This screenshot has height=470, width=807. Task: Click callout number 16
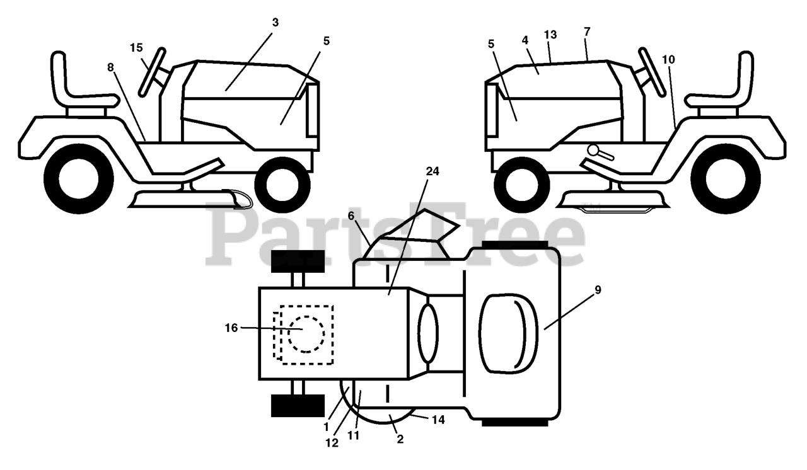(231, 327)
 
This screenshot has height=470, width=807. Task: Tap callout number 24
(433, 171)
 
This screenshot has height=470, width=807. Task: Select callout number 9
(598, 290)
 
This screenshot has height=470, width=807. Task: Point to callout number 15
(137, 47)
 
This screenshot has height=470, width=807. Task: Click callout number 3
(276, 22)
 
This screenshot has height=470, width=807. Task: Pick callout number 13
(550, 35)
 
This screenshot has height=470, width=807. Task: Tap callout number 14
(438, 419)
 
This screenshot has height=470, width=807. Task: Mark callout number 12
(332, 443)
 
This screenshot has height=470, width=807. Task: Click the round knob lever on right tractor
(594, 151)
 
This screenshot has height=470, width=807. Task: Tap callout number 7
(587, 32)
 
